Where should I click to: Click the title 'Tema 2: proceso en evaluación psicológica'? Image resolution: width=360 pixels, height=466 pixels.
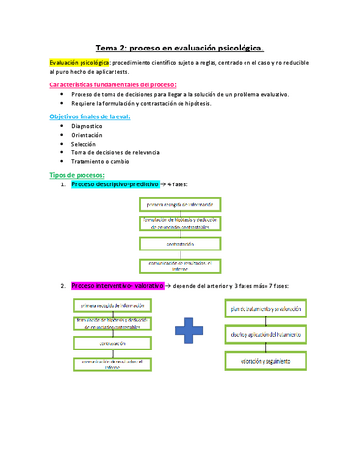pyautogui.click(x=180, y=47)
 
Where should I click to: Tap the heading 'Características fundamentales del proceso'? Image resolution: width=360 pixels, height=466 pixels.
pyautogui.click(x=113, y=85)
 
